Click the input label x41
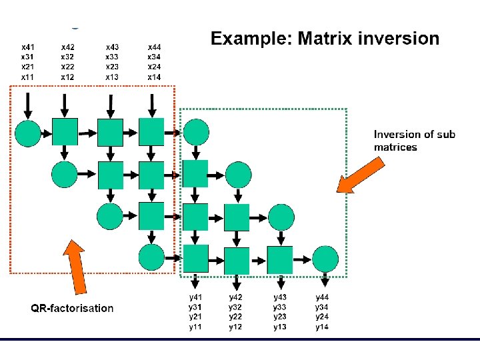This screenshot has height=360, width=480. tap(27, 47)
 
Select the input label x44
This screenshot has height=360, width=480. tap(154, 47)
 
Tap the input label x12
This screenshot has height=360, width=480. tap(68, 77)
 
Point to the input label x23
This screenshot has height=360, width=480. tap(113, 67)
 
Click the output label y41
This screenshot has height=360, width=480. tap(196, 297)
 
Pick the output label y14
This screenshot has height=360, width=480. tap(323, 327)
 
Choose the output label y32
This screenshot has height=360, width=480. tap(236, 307)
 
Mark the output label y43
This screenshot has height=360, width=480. tap(280, 297)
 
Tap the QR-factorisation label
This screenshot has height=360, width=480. tap(72, 308)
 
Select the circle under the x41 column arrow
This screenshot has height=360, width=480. tap(28, 133)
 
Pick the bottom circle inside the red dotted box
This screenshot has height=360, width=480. tap(151, 258)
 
